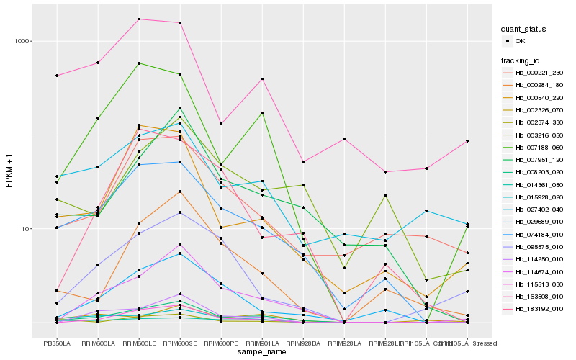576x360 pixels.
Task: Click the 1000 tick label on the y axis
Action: point(20,41)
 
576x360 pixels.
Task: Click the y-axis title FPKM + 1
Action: point(9,171)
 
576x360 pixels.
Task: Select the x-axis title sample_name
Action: point(262,352)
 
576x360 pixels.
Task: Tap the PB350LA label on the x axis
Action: point(57,343)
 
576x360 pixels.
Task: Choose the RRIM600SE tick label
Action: point(180,343)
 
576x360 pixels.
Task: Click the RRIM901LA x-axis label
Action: point(262,343)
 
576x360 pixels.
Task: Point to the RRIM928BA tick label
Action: point(303,343)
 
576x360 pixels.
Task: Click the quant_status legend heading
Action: point(525,29)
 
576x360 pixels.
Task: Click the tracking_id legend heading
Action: point(521,60)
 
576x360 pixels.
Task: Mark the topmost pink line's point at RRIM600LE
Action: point(139,19)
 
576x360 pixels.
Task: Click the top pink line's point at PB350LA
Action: point(57,76)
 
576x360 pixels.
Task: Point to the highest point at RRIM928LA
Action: point(344,139)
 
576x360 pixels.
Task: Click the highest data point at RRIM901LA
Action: point(262,78)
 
